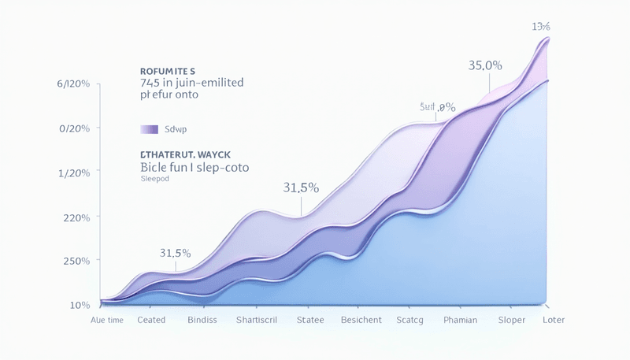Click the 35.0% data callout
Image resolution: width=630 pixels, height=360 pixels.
coord(485,65)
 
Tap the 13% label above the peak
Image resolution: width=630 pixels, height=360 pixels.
coord(540,28)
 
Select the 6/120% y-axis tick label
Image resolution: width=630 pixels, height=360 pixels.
coord(73,84)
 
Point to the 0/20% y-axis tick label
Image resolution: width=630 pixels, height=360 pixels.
coord(74,128)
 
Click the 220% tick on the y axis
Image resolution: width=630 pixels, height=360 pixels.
coord(75,217)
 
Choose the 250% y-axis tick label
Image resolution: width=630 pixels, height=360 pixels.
coord(75,261)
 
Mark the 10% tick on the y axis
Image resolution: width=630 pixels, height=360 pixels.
coord(80,305)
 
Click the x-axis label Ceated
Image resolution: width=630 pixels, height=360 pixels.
coord(151,320)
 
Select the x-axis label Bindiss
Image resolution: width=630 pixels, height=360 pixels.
coord(208,320)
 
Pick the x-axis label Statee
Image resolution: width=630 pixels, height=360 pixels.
coord(310,320)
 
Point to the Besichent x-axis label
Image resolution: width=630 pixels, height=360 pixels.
coord(361,320)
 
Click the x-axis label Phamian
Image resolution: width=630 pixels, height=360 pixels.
coord(460,320)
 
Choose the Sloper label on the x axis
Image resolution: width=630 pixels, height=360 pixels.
coord(512,320)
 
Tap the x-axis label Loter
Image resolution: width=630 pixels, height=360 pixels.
coord(554,320)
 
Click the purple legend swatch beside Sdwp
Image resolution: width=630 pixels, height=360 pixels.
coord(149,129)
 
